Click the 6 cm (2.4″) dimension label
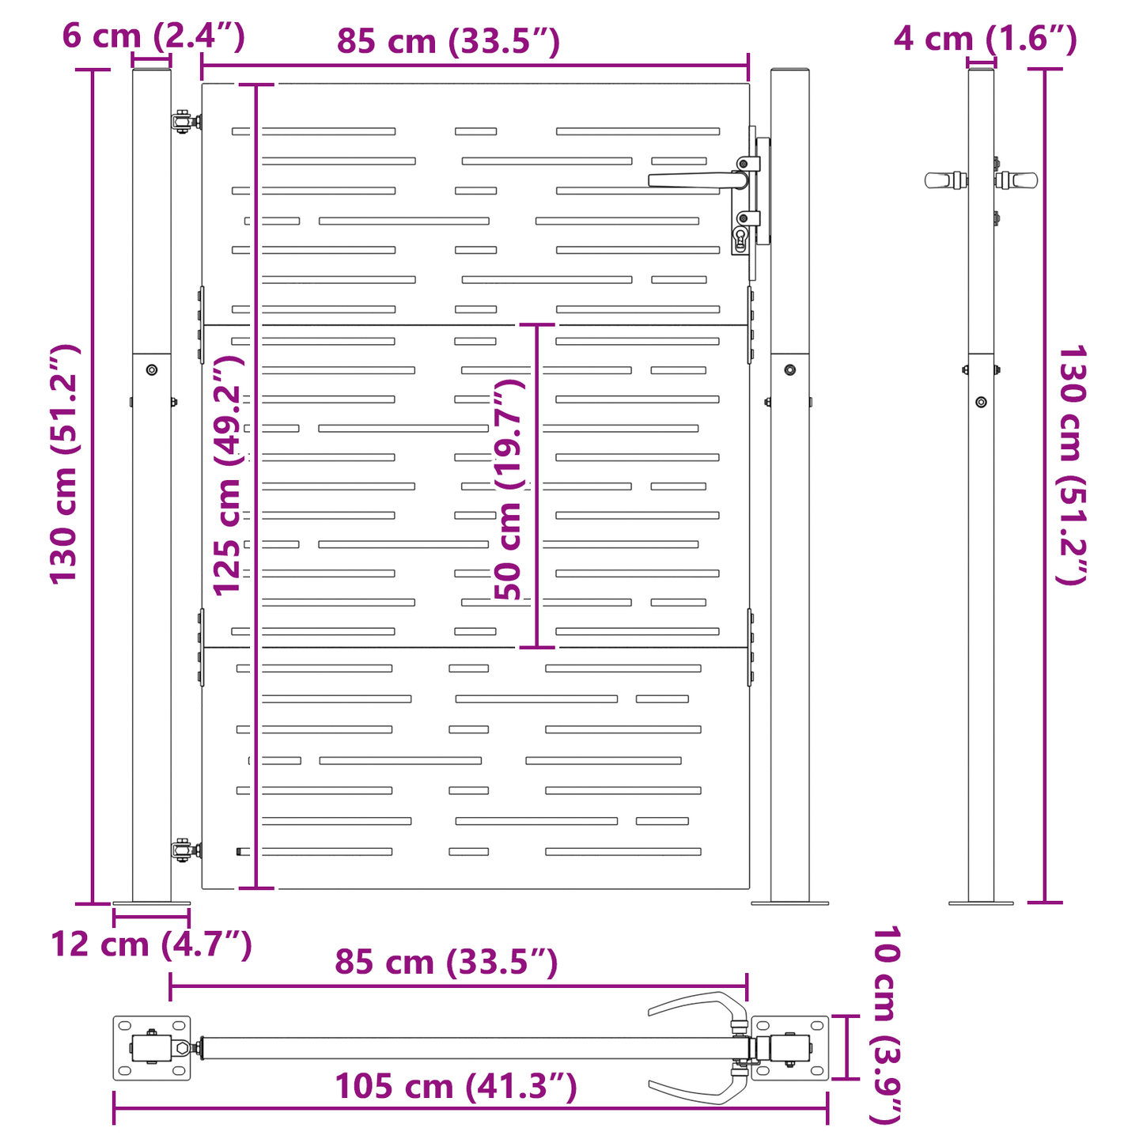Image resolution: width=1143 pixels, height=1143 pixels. (x=153, y=36)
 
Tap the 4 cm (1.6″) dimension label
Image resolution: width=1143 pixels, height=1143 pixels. (x=986, y=39)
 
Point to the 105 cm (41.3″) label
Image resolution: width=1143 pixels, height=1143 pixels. (x=456, y=1086)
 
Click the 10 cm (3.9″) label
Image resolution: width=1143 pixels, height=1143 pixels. (x=886, y=1024)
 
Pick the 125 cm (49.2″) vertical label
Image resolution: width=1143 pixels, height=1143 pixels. (x=228, y=475)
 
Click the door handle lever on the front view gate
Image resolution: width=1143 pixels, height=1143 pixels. (x=698, y=181)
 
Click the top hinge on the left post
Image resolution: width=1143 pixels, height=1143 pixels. (x=186, y=122)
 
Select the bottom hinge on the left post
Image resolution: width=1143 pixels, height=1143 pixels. (x=186, y=851)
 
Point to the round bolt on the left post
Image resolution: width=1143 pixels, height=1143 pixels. (x=152, y=370)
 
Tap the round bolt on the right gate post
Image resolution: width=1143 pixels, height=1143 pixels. (x=789, y=370)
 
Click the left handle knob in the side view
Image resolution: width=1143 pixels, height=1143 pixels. (x=945, y=180)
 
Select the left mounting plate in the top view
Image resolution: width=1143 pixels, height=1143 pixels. (x=152, y=1048)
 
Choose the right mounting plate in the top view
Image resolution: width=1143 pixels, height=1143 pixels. (x=789, y=1048)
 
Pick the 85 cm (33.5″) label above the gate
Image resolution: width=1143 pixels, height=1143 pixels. (x=448, y=41)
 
